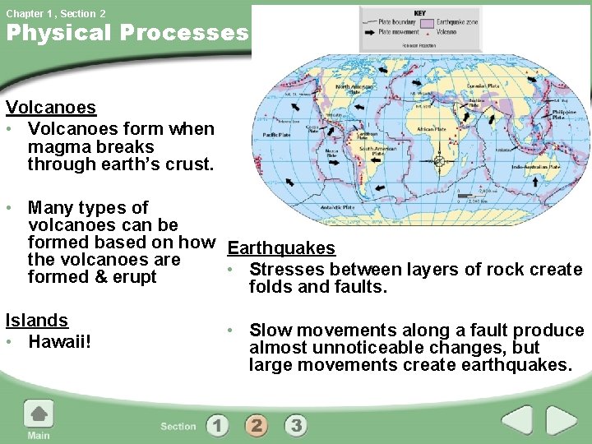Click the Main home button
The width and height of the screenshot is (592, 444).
(38, 419)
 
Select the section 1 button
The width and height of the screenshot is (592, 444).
(217, 425)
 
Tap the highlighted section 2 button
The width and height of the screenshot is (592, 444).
(257, 425)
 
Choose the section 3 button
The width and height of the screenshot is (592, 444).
(296, 425)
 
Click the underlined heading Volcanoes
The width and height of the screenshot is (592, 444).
(50, 108)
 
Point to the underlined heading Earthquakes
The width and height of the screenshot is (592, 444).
(281, 248)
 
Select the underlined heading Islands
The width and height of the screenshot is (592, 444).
(36, 321)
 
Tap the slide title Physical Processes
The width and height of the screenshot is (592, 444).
(127, 34)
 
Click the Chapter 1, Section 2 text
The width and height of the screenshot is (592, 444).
(56, 13)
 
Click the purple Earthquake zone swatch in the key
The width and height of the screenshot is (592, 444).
(428, 23)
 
